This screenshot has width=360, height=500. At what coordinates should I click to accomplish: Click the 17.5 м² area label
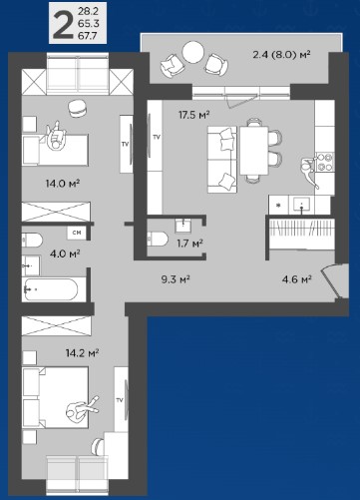193,115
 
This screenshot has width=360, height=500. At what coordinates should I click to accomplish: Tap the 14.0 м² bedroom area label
62,183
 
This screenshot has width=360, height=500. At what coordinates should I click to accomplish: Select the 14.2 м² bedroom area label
82,352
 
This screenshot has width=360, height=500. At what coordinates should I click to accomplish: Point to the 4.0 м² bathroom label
65,253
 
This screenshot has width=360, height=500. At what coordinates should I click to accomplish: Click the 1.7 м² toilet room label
189,244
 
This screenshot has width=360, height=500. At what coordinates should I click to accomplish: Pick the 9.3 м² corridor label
176,279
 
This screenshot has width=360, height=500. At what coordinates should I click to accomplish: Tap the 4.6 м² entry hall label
296,279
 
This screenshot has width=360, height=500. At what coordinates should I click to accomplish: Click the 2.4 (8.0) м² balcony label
281,54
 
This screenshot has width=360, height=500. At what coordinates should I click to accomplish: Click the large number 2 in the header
63,24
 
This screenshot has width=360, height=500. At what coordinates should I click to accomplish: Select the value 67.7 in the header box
87,35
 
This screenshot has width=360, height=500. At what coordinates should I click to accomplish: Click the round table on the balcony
193,52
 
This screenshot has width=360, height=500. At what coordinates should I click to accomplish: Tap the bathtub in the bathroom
52,289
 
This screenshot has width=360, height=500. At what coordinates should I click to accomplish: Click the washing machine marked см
77,233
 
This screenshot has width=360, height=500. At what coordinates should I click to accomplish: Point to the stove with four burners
324,162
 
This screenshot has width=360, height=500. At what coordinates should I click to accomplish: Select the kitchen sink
302,204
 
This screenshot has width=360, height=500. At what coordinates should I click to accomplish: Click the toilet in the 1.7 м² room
158,239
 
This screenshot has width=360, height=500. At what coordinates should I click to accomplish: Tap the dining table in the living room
254,151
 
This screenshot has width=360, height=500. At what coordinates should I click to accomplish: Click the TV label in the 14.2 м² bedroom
120,400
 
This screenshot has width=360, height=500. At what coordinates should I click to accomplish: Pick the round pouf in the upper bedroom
79,109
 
